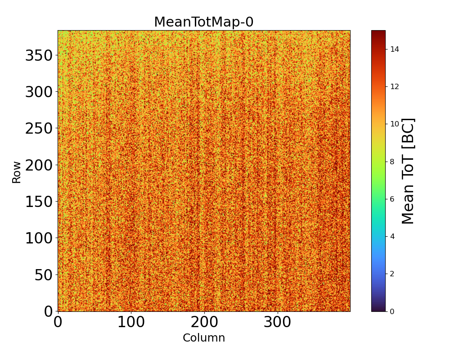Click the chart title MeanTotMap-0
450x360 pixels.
[203, 22]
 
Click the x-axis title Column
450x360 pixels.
[203, 338]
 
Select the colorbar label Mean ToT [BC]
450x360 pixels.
[408, 171]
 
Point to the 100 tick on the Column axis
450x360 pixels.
[131, 322]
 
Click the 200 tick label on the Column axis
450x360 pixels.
[204, 322]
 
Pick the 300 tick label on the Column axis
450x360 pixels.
[278, 322]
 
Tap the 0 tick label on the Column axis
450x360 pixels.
[58, 322]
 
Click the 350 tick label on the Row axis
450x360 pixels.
[39, 56]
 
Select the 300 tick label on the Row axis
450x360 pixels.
[39, 92]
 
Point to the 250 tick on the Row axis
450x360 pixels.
[39, 129]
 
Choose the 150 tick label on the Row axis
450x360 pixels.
[39, 202]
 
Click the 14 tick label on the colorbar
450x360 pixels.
[395, 49]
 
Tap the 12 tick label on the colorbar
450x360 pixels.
[395, 86]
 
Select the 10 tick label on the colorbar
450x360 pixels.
[395, 124]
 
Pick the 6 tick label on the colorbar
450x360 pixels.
[392, 199]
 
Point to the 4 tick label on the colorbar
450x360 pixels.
[392, 236]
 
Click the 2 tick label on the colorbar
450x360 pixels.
[392, 274]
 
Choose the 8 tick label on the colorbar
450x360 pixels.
[392, 162]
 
